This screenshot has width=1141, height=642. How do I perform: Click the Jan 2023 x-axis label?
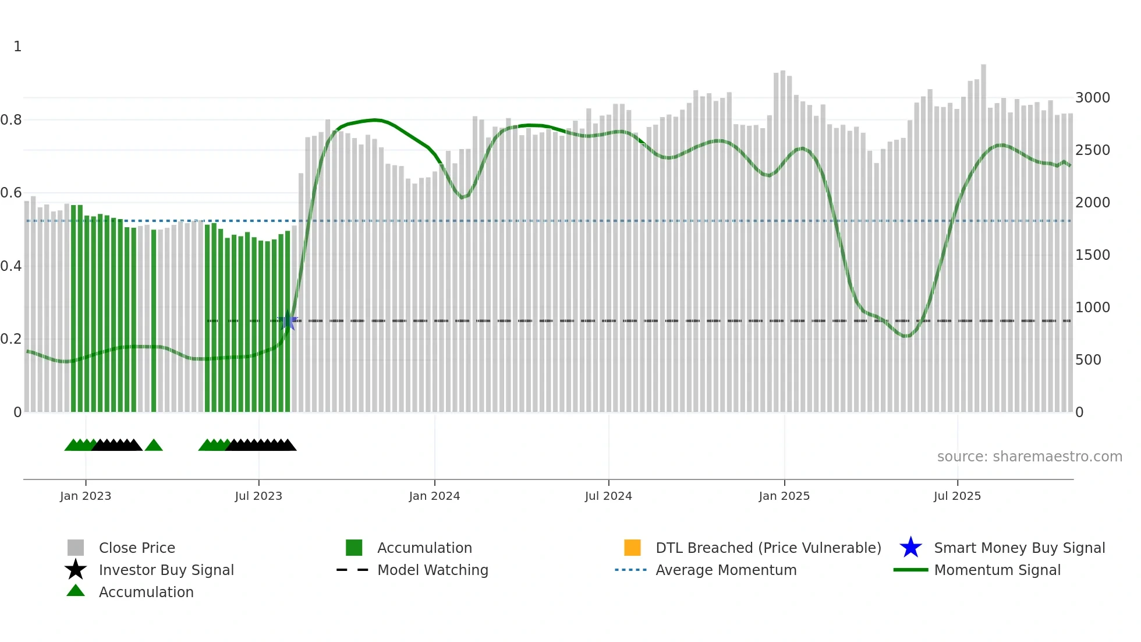[85, 496]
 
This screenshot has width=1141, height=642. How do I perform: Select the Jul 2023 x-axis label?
[258, 496]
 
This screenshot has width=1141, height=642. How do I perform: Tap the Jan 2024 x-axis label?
[434, 496]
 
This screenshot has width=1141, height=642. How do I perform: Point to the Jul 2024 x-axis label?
[608, 496]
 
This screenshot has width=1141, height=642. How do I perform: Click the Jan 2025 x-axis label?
[784, 496]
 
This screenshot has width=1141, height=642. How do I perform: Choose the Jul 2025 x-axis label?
[957, 496]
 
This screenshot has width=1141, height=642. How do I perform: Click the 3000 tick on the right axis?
[1092, 98]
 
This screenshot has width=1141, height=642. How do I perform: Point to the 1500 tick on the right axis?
[1092, 255]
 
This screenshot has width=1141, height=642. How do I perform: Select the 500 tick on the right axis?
[1088, 360]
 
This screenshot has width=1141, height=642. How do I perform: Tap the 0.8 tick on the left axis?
[11, 120]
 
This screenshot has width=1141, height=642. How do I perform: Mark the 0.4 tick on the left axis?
[11, 266]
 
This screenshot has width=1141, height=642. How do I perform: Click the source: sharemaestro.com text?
[1029, 457]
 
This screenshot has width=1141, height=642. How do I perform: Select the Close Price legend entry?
[137, 548]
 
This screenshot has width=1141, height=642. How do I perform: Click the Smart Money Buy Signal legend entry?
[1019, 548]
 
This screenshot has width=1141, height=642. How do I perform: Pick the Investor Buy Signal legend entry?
[166, 570]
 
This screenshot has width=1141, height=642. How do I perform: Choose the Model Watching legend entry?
[433, 570]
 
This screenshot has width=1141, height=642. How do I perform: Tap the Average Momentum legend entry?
[726, 570]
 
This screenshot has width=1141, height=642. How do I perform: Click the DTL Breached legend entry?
[768, 548]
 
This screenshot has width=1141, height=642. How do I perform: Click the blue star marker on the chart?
[288, 320]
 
